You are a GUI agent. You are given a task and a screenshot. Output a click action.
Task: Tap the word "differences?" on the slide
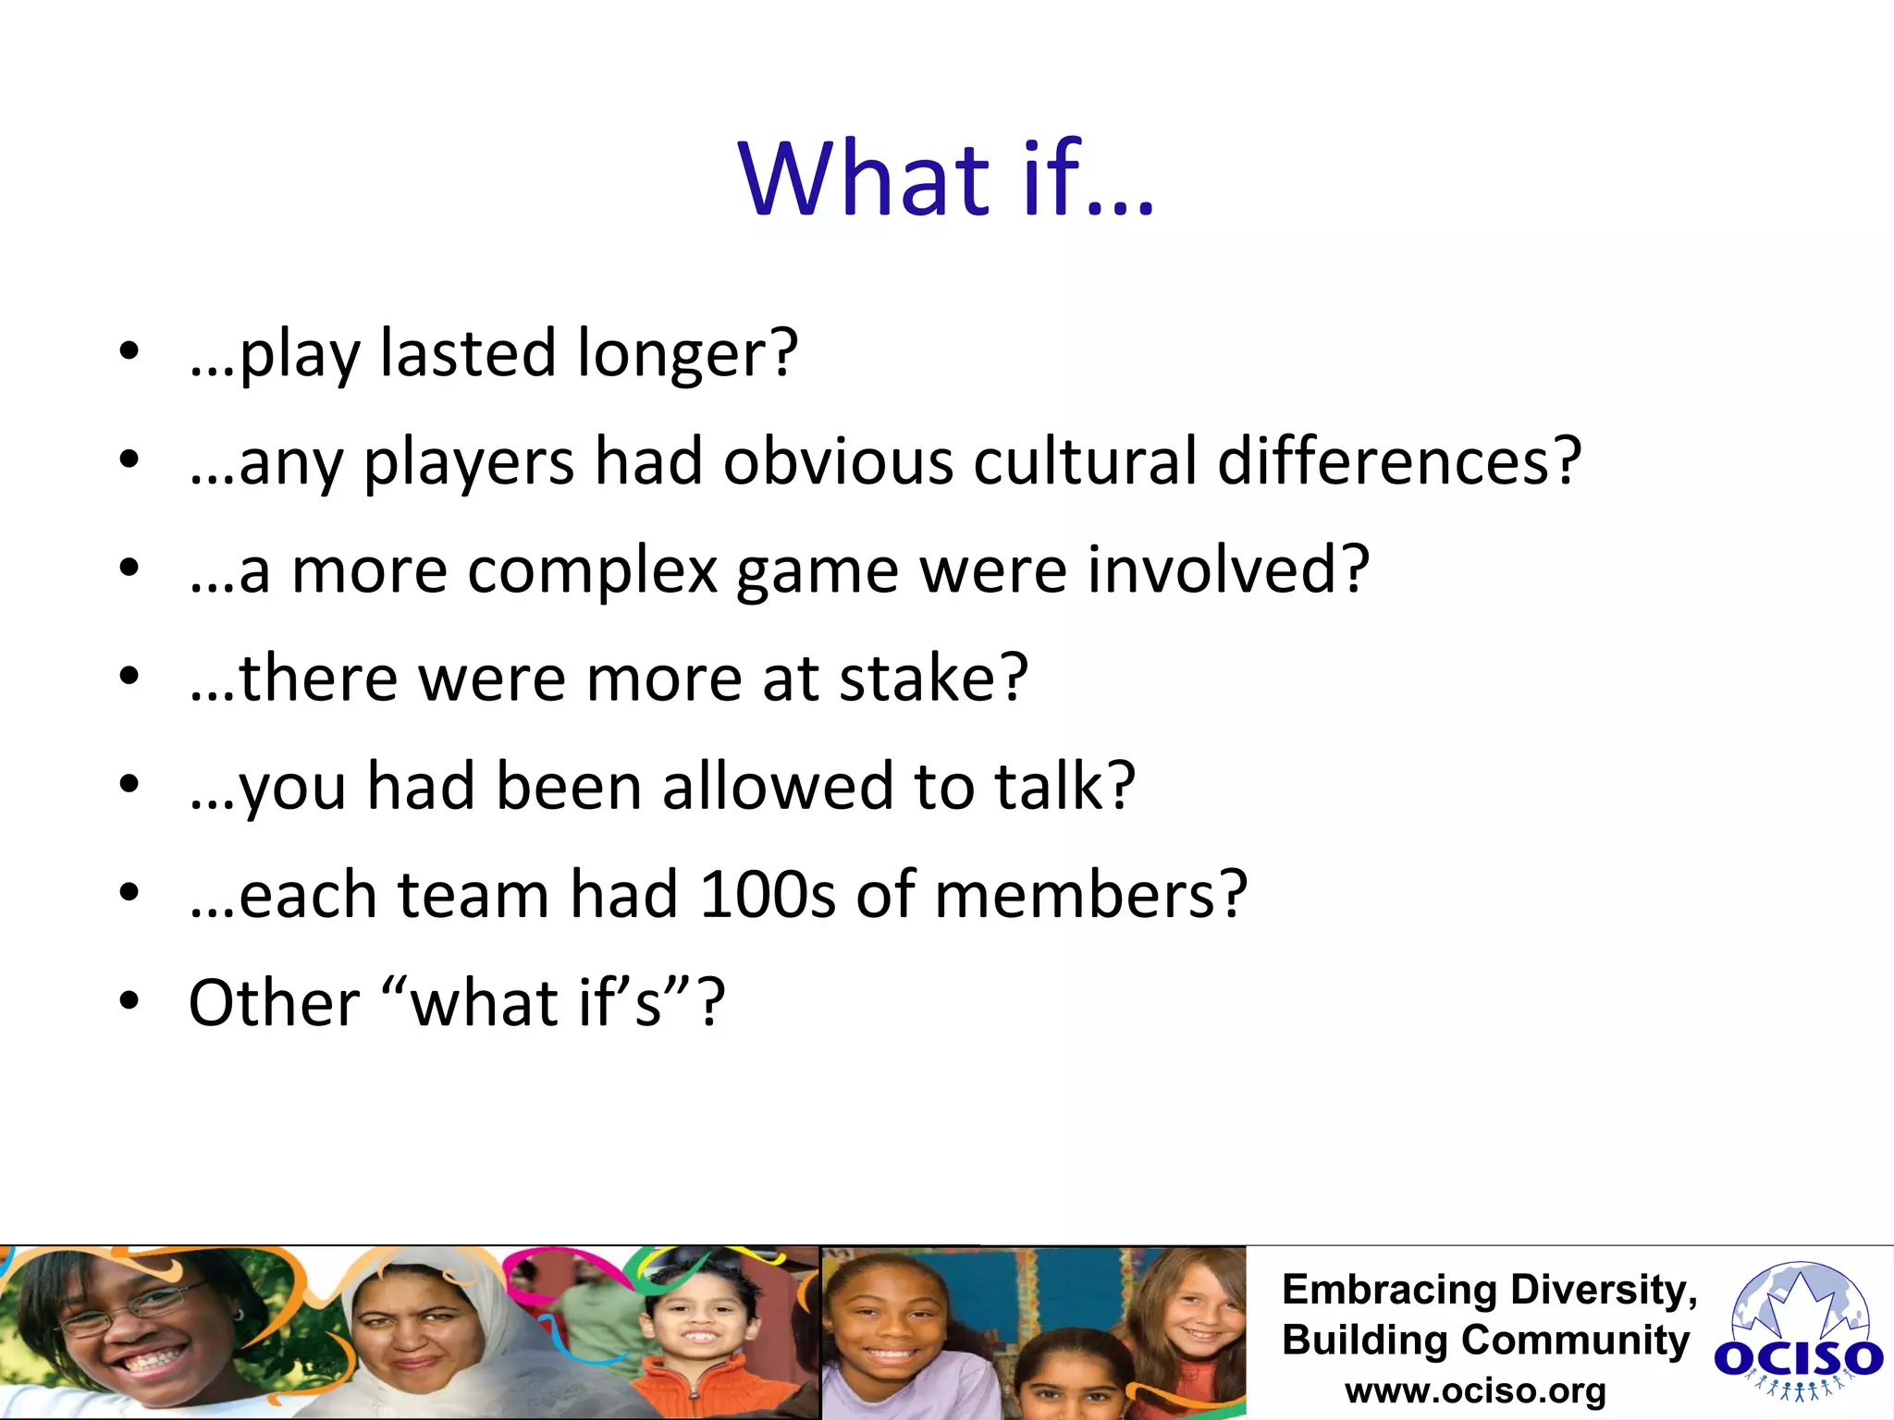point(1398,461)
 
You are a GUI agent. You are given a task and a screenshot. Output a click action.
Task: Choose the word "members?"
point(1090,895)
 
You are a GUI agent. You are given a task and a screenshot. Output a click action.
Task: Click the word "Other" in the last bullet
point(274,1004)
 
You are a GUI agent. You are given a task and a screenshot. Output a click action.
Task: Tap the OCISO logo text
point(1798,1359)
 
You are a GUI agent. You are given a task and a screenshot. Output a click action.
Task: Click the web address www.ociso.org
point(1475,1391)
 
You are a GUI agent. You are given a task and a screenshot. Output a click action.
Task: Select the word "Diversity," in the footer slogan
point(1603,1290)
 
